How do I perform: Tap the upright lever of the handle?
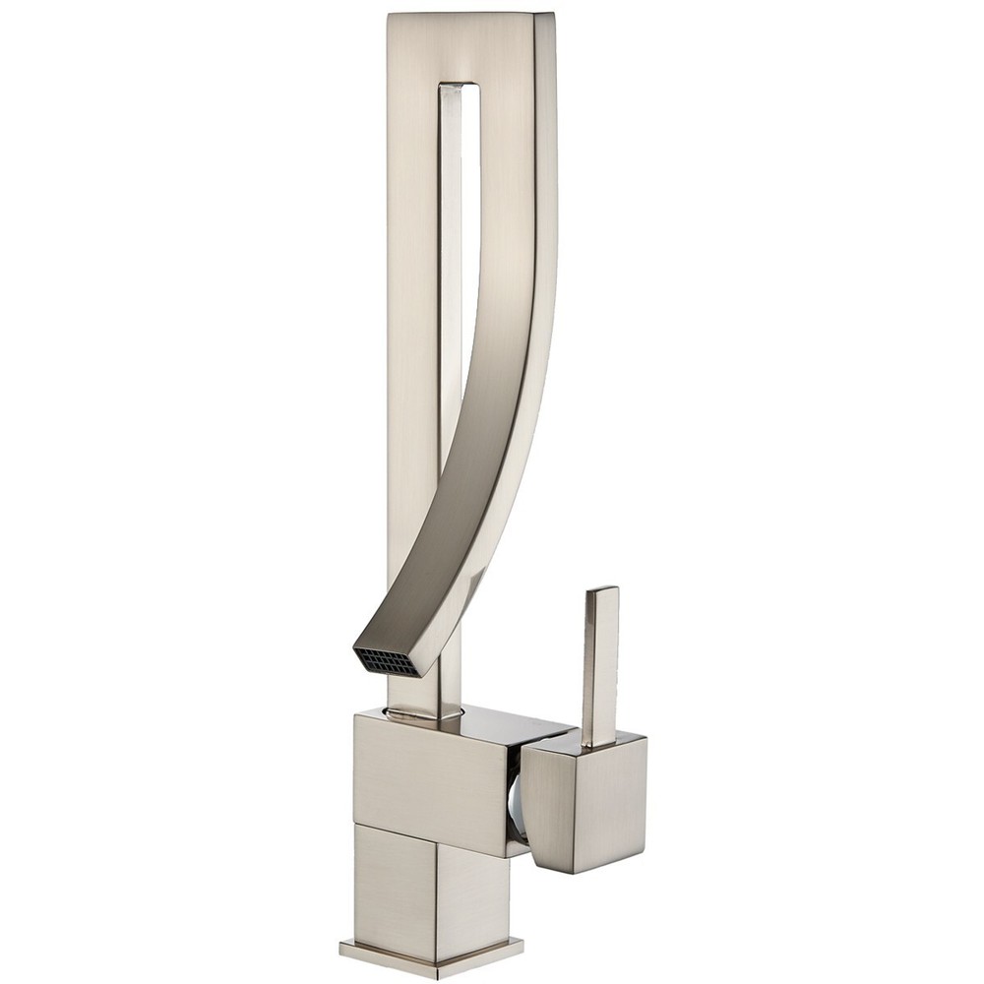599,659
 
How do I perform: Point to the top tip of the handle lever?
602,592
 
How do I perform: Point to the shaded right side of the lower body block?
472,886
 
